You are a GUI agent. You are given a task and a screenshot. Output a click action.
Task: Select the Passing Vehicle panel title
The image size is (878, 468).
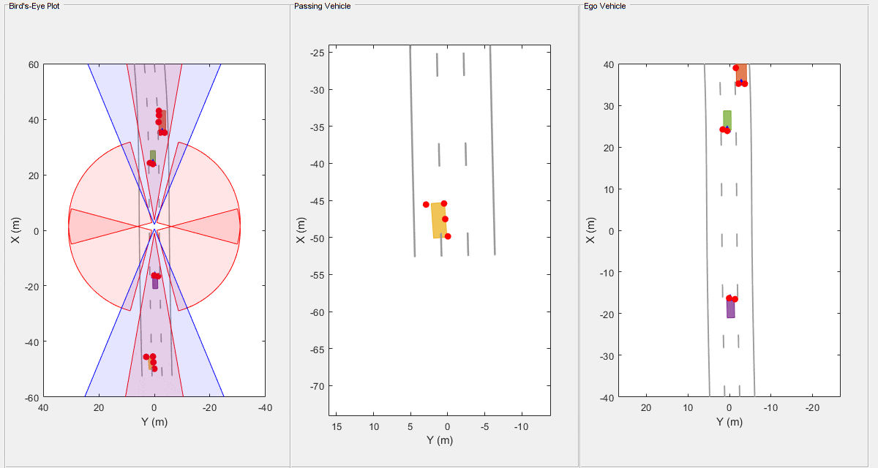[x=322, y=6]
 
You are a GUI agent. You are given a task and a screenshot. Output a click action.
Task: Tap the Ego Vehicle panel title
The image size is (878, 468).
[x=604, y=6]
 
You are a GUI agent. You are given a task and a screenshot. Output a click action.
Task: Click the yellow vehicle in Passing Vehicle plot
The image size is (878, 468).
[x=439, y=220]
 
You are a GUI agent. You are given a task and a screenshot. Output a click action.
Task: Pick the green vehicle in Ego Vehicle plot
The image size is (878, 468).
[x=727, y=119]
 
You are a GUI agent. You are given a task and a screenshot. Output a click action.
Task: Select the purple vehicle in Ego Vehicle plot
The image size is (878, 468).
[x=730, y=309]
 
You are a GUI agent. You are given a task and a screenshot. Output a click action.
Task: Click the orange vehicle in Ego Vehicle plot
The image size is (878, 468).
[x=741, y=73]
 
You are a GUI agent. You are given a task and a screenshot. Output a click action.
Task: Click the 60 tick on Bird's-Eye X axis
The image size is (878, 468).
[x=34, y=64]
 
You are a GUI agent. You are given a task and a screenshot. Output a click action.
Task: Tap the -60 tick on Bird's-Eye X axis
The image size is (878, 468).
[x=31, y=397]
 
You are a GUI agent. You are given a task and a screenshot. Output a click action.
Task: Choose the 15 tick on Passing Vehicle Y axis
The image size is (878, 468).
[x=337, y=426]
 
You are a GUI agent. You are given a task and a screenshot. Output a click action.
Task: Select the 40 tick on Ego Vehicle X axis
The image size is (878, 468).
[x=607, y=64]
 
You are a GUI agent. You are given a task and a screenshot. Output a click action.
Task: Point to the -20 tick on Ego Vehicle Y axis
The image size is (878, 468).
[x=811, y=407]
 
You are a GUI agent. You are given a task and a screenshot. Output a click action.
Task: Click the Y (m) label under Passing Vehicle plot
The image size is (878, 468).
[x=439, y=440]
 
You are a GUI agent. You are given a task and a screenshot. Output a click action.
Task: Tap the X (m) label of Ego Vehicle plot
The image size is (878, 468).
[x=591, y=230]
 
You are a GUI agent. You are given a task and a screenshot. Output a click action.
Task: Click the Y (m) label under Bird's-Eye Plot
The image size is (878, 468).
[x=154, y=421]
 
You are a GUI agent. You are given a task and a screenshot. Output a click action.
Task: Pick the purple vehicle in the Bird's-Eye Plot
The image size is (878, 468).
[x=155, y=283]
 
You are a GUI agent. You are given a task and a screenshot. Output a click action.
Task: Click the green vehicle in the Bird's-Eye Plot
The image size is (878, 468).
[x=153, y=156]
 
